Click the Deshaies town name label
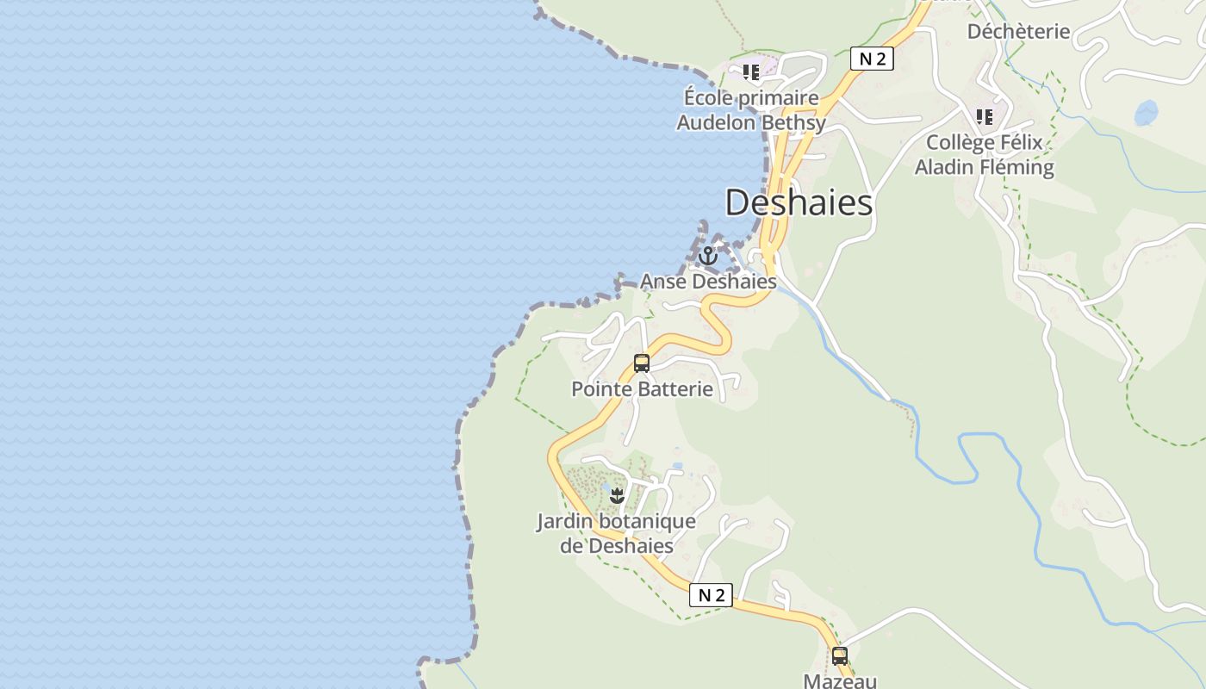(x=799, y=203)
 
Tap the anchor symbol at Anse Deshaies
(x=707, y=256)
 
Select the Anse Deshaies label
(x=708, y=282)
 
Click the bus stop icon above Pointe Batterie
(x=642, y=363)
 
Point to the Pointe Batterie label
(x=642, y=389)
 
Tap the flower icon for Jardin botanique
(x=617, y=495)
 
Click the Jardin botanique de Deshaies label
(x=617, y=533)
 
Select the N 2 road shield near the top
(x=872, y=59)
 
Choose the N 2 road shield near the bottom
(x=711, y=595)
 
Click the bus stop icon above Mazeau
(x=840, y=655)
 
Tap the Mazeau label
(x=840, y=680)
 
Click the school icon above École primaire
(x=751, y=72)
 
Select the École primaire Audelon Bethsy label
(x=751, y=110)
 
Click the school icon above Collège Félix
(x=984, y=116)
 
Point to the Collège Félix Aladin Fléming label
(x=984, y=155)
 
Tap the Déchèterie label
(x=1018, y=32)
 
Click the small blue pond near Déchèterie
(x=1146, y=113)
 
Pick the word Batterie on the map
(x=674, y=389)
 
